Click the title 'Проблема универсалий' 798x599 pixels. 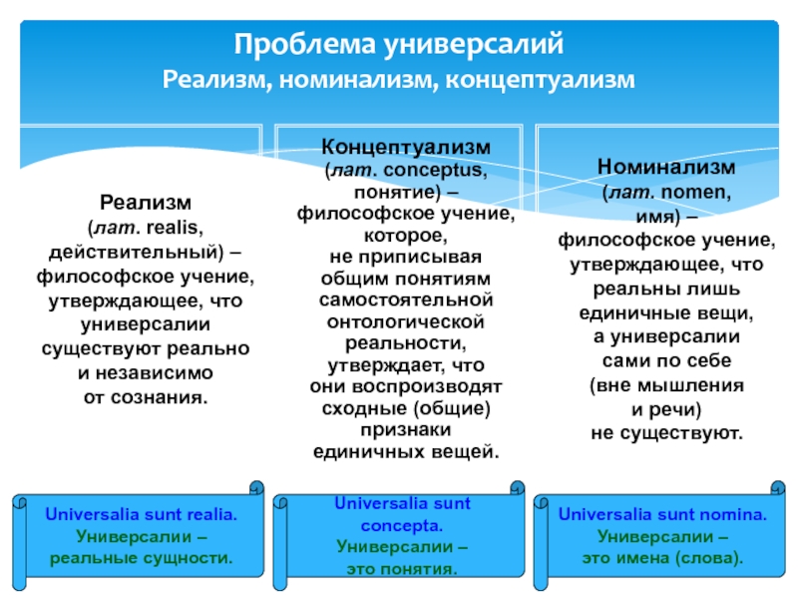click(399, 45)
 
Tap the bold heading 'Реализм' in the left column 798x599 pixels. click(146, 204)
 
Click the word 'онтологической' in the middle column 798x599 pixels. click(406, 321)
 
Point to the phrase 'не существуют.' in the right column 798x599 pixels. click(666, 434)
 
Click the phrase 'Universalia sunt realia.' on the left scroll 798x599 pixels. click(141, 516)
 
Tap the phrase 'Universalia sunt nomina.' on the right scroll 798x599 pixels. click(662, 516)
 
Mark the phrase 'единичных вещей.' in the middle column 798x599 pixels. click(406, 451)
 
